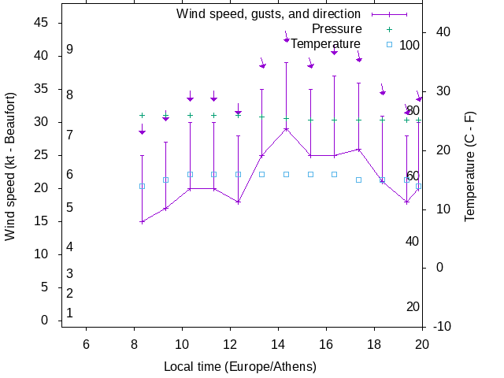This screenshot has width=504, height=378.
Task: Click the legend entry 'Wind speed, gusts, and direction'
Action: (x=268, y=13)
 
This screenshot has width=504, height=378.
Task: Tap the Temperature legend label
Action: (x=325, y=44)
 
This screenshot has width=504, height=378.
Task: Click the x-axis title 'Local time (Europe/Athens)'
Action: (x=240, y=367)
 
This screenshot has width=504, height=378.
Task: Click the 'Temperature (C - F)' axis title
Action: (x=470, y=165)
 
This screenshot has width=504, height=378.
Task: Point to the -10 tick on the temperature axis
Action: (x=443, y=326)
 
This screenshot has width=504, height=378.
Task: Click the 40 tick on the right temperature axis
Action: (x=443, y=32)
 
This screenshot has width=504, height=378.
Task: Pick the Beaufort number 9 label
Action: (x=70, y=50)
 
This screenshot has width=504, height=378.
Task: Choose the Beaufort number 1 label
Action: (x=70, y=313)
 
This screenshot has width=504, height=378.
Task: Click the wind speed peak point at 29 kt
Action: (x=287, y=128)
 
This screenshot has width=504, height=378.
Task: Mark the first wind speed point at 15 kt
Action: (x=142, y=221)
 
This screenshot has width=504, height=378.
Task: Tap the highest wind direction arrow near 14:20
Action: (x=287, y=39)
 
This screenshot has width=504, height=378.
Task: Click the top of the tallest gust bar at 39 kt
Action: (x=287, y=62)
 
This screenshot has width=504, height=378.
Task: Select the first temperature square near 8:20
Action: (x=142, y=186)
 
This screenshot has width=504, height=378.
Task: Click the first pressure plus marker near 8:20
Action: (x=142, y=115)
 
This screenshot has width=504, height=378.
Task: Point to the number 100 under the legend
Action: (x=409, y=45)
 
